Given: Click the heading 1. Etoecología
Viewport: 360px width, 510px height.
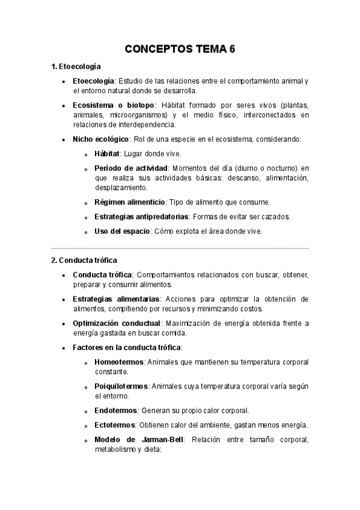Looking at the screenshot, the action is click(x=76, y=66).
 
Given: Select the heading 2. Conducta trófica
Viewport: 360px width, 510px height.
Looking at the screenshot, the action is click(x=84, y=260).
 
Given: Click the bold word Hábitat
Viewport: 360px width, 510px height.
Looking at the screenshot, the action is click(x=108, y=153).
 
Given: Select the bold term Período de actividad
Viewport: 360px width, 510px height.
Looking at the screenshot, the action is click(x=130, y=168).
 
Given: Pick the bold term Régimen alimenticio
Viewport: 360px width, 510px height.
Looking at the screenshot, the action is click(x=129, y=201).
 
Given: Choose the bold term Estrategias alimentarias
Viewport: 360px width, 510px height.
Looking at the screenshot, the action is click(x=116, y=299).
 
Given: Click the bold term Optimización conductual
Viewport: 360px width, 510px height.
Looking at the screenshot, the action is click(x=117, y=323).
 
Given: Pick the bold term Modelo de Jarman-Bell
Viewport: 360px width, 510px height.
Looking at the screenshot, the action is click(x=138, y=440).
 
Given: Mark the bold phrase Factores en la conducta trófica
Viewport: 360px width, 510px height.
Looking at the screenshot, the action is click(x=126, y=347).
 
